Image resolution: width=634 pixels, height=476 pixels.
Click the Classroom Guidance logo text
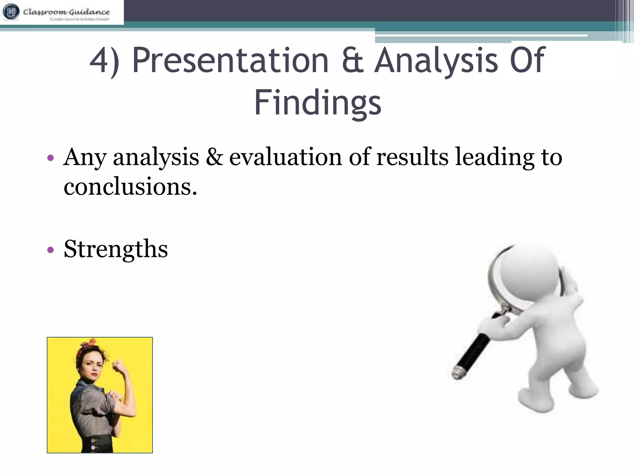(x=66, y=12)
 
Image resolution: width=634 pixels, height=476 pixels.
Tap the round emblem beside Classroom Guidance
(x=11, y=12)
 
